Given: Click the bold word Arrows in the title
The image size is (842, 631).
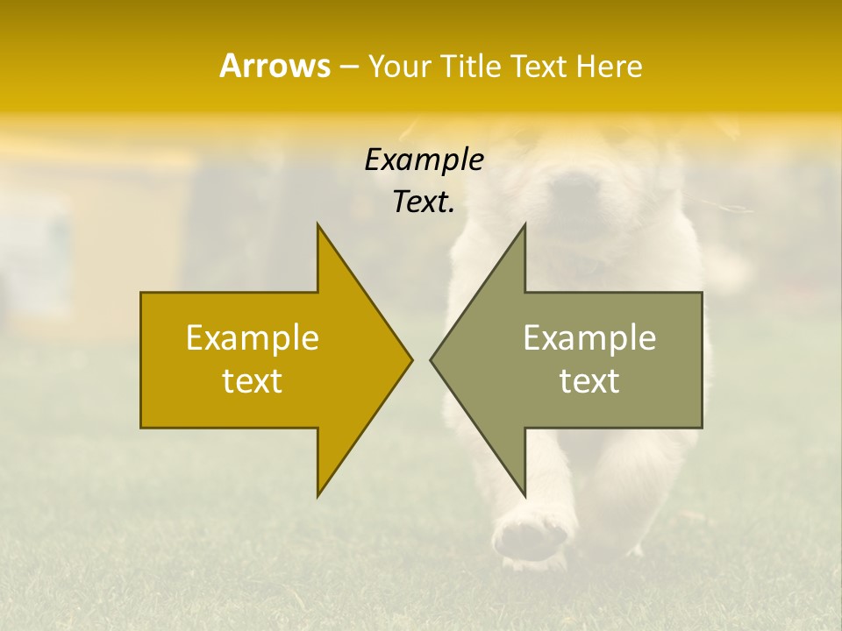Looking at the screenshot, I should tap(275, 66).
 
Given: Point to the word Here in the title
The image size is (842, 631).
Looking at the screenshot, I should tap(609, 67).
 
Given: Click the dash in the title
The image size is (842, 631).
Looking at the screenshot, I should tap(349, 67).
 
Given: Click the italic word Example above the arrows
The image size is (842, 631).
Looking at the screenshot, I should tap(424, 160).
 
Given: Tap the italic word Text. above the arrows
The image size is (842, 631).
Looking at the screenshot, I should tap(424, 202).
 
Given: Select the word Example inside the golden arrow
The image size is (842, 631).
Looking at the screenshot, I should tap(253, 338).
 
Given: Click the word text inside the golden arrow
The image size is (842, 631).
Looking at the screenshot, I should tap(253, 381).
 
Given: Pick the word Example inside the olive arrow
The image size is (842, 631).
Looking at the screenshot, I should tap(589, 338).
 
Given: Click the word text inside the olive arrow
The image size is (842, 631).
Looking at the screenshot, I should tap(589, 381).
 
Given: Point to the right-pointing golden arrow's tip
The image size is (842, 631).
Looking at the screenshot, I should tap(411, 359).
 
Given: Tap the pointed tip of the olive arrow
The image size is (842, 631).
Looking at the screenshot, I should tap(432, 359).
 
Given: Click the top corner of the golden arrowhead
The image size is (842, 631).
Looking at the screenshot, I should tap(318, 224).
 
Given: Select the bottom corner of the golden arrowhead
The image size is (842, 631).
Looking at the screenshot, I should tap(318, 496).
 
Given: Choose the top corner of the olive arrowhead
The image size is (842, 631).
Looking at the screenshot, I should tap(524, 224).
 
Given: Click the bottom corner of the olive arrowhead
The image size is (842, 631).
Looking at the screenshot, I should tap(524, 496).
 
